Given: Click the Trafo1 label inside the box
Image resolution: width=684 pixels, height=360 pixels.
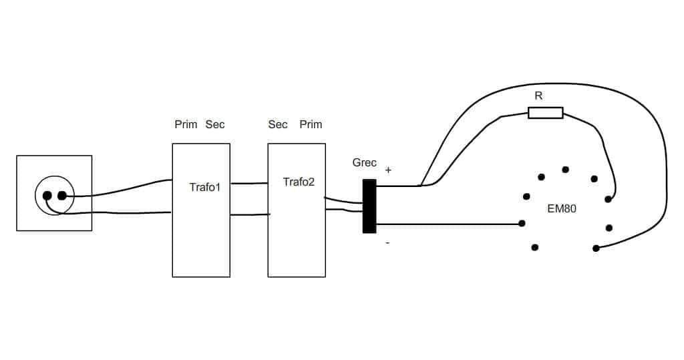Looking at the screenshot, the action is click(x=205, y=187).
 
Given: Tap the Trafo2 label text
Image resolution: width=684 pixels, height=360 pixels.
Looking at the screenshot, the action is click(x=299, y=182).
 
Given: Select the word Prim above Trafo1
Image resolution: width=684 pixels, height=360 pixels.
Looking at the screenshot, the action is click(x=186, y=124).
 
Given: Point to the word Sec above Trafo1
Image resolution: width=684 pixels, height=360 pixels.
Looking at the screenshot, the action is click(x=215, y=124).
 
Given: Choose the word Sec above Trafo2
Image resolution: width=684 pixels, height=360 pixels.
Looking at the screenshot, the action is click(x=278, y=124).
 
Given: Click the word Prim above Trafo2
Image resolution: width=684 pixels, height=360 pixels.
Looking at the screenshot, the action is click(x=311, y=124).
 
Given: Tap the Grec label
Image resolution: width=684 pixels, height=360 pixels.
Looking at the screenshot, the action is click(x=364, y=163).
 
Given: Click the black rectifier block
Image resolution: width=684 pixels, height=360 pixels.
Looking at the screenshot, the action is click(x=369, y=206).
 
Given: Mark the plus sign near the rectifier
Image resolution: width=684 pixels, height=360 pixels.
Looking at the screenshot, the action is click(x=388, y=170).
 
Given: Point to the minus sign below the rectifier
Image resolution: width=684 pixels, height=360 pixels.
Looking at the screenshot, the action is click(x=388, y=242).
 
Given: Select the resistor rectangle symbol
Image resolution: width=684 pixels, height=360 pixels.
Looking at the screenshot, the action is click(x=545, y=113).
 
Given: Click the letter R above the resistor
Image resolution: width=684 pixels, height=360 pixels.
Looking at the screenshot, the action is click(x=539, y=96).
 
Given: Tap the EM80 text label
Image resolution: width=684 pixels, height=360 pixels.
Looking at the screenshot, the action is click(x=562, y=208).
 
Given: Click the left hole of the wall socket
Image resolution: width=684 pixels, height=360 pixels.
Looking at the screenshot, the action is click(x=47, y=196).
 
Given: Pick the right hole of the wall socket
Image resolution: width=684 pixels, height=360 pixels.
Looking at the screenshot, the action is click(x=62, y=196).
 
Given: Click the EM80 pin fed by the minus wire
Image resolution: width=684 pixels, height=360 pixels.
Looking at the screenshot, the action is click(x=522, y=224).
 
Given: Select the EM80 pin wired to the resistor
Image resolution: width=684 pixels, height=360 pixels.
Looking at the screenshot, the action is click(x=608, y=200).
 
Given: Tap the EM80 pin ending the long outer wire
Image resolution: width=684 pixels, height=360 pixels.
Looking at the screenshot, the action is click(x=596, y=248).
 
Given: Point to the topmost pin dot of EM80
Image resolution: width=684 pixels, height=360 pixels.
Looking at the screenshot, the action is click(x=565, y=169).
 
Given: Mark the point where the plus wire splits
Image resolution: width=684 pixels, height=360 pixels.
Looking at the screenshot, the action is click(x=421, y=186).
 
